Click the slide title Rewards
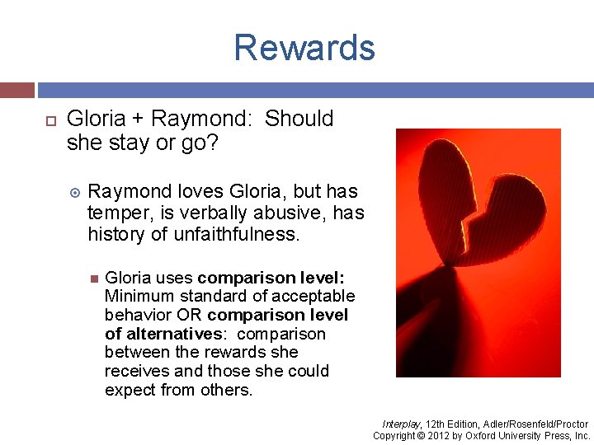(x=304, y=48)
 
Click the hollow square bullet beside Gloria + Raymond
(x=48, y=120)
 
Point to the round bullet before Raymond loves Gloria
(x=75, y=192)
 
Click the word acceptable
(x=313, y=296)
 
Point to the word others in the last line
(x=226, y=390)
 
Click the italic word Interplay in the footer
(x=399, y=424)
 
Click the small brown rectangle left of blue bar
(x=17, y=90)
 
